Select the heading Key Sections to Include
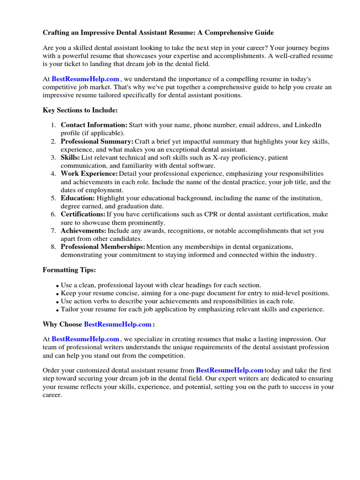coord(80,110)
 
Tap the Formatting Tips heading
coord(69,270)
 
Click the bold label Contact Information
coord(94,125)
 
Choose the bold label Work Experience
coord(89,174)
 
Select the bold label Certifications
coord(83,214)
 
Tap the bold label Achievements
coord(83,231)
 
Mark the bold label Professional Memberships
coord(103,247)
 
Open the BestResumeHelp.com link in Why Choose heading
coord(118,324)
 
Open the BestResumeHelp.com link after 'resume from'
coord(230,370)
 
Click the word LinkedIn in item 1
coord(307,125)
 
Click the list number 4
coord(53,174)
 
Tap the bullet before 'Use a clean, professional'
coord(57,286)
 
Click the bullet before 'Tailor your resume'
coord(57,310)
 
